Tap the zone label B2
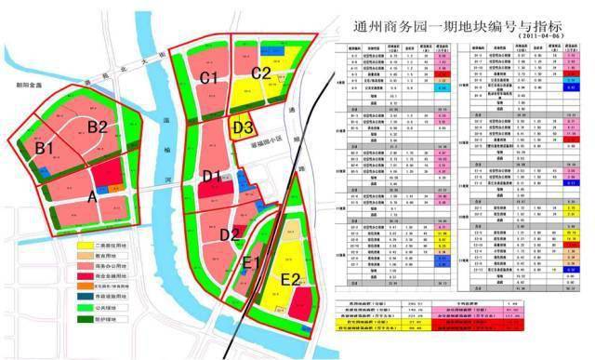(98, 127)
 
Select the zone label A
(90, 196)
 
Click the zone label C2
(261, 73)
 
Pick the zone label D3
(245, 128)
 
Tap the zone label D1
(213, 177)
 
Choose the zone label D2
(230, 233)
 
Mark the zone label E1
(251, 262)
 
